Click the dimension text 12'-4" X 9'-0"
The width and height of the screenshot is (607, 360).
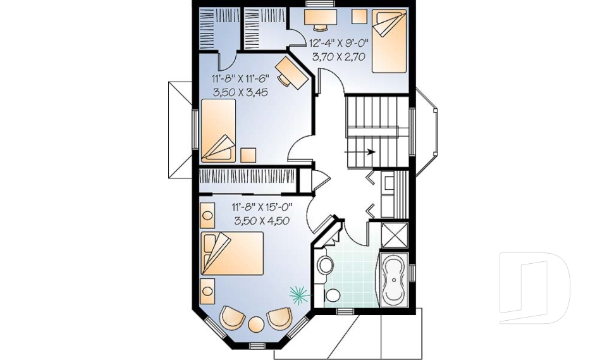[339, 42]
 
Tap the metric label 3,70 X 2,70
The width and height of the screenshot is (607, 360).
[339, 57]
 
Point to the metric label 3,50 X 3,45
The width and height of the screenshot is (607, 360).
[240, 92]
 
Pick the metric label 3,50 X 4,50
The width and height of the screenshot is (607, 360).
[262, 221]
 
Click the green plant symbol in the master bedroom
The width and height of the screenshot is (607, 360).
[300, 294]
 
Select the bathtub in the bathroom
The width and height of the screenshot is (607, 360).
[394, 280]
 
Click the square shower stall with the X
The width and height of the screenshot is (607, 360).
[395, 235]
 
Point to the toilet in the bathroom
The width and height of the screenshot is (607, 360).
[324, 264]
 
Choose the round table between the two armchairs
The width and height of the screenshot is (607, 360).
[256, 325]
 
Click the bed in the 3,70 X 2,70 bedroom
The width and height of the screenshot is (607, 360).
[389, 41]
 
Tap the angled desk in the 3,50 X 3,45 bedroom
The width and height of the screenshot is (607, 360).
[292, 73]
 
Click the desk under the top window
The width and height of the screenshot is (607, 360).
[320, 17]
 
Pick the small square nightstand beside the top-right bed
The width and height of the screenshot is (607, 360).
[359, 16]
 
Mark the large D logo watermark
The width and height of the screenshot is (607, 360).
[535, 288]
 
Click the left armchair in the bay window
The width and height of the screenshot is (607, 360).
[232, 318]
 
